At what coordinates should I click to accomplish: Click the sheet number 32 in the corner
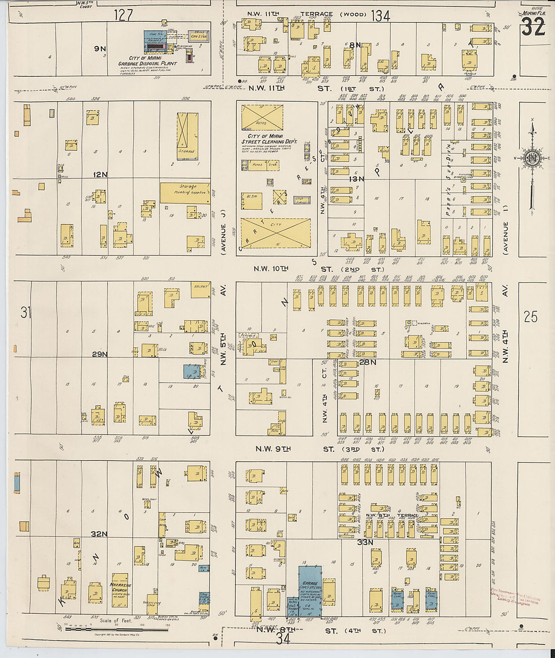click(533, 27)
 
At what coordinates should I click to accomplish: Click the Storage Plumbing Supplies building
click(185, 193)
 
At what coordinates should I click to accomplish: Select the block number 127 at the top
click(123, 15)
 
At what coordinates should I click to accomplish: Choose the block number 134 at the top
click(380, 16)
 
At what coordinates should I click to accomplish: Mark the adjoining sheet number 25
click(530, 317)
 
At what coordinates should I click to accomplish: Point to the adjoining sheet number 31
click(26, 313)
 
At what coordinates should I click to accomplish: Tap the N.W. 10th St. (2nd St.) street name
click(318, 269)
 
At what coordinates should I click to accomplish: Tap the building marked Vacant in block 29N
click(200, 289)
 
